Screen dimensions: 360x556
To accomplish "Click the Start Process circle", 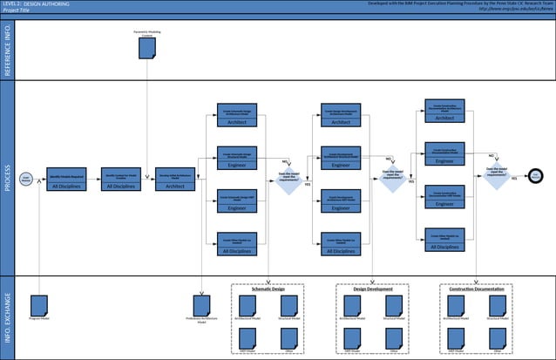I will [26, 179].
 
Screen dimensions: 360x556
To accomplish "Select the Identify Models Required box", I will [66, 179].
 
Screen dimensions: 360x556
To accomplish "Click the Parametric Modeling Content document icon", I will [146, 50].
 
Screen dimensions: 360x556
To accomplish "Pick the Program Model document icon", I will [38, 306].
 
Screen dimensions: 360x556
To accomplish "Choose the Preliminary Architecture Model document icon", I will [202, 306].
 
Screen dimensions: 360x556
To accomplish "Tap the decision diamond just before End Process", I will [497, 174].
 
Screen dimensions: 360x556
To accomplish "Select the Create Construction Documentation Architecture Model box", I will [445, 112].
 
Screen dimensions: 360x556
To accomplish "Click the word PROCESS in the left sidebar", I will [8, 179].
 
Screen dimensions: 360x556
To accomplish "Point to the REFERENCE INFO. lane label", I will [8, 51].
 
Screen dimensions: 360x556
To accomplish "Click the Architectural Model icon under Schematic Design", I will [248, 306].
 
